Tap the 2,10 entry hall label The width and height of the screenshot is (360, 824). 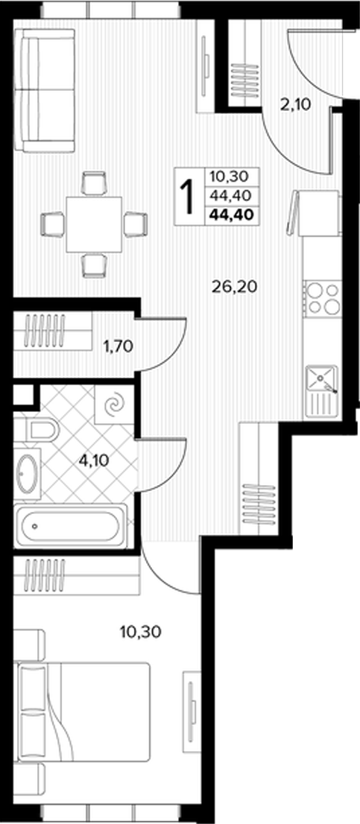[295, 104]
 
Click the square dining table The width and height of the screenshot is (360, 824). [94, 224]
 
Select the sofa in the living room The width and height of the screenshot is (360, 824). [45, 90]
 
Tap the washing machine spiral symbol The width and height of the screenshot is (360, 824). [113, 405]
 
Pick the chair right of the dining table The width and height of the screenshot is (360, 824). [136, 224]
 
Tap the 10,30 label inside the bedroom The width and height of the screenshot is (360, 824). [141, 630]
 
